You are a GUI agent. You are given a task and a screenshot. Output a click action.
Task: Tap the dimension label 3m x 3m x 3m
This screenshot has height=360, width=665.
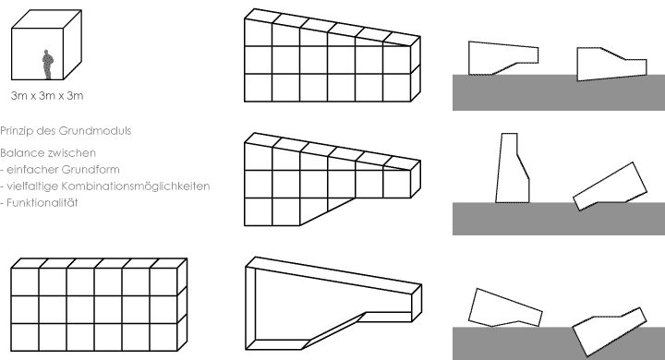pos(45,95)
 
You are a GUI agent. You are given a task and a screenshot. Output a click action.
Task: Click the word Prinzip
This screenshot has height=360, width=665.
pos(18,131)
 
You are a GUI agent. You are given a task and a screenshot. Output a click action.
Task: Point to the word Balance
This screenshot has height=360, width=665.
pos(22,152)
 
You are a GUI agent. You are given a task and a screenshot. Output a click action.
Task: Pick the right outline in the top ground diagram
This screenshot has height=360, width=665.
pos(610,65)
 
